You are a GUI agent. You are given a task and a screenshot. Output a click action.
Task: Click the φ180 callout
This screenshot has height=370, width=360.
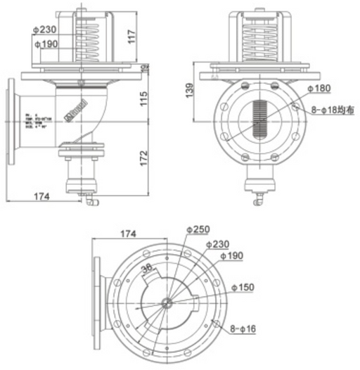pos(319,88)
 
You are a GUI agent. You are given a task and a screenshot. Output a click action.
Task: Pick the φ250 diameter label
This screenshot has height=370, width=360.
pos(198,230)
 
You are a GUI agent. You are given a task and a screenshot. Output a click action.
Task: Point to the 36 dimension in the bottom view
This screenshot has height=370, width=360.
pos(147,268)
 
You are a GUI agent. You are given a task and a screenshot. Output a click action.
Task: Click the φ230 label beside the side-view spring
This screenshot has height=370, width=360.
pos(44,30)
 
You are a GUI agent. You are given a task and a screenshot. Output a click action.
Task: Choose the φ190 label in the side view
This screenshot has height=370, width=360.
pos(44,44)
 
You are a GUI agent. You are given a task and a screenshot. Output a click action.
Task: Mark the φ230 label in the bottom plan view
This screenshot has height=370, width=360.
pos(217,243)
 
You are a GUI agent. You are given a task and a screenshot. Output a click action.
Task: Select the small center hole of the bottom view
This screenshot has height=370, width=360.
pos(168,304)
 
